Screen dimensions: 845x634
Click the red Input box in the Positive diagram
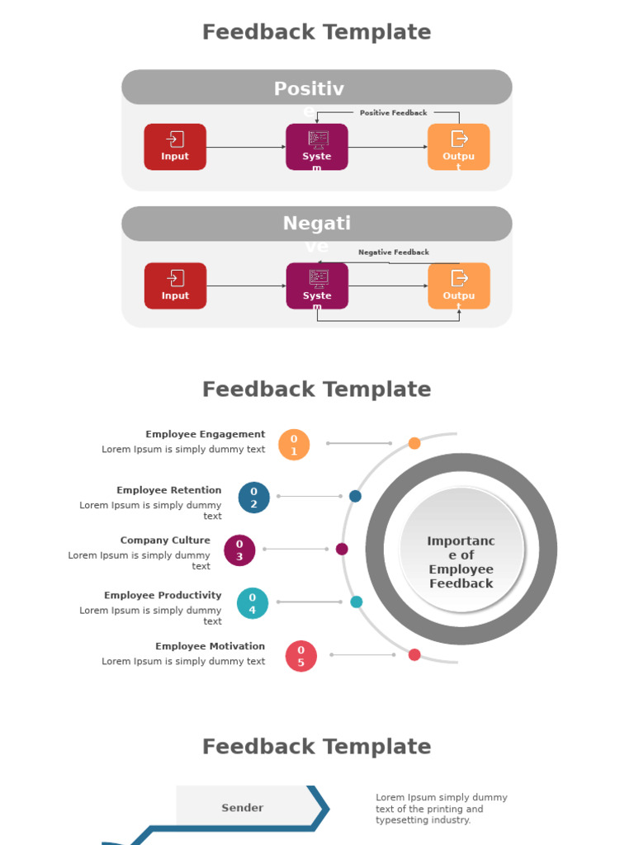(x=175, y=147)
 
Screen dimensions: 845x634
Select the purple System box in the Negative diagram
(x=317, y=286)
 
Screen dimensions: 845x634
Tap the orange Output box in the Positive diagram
(x=458, y=147)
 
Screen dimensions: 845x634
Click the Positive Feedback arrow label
(x=393, y=113)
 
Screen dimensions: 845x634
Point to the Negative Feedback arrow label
(x=393, y=253)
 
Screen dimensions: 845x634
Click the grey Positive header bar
(x=317, y=87)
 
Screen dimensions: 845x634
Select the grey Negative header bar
(x=317, y=224)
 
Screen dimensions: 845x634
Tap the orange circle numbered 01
(x=294, y=445)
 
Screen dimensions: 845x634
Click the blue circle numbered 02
(x=253, y=498)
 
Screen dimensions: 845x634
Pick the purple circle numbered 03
(x=239, y=550)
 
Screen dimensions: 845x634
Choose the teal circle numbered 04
(x=253, y=603)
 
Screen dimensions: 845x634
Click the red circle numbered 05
(x=300, y=656)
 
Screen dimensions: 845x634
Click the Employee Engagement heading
(x=206, y=434)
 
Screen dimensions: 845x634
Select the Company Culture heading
(x=165, y=541)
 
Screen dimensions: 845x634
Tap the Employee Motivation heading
(x=210, y=646)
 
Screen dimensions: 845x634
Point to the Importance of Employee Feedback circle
(x=461, y=550)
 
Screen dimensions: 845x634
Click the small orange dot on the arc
(x=414, y=443)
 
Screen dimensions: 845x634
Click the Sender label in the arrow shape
(x=243, y=808)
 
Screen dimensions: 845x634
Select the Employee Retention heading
(x=168, y=490)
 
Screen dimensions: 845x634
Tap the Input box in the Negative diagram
(x=175, y=286)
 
